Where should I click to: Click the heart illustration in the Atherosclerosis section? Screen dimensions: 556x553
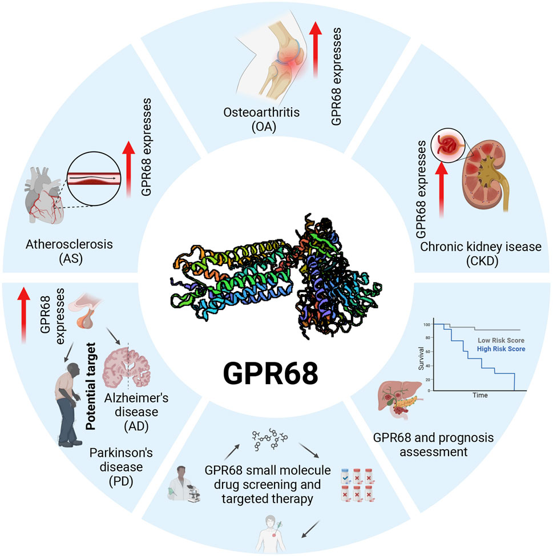point(44,190)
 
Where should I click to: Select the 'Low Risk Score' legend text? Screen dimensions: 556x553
point(500,340)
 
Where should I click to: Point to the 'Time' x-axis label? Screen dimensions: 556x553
point(479,394)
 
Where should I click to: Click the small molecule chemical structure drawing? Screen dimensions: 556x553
point(272,440)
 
